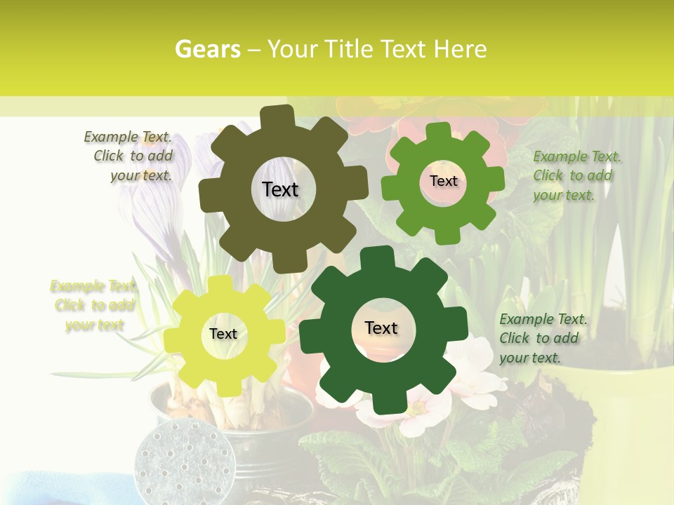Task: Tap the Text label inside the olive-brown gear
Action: (280, 189)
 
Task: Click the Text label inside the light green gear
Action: (443, 181)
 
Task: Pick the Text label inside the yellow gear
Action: (223, 334)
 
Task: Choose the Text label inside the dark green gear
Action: (381, 328)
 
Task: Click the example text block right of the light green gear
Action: (576, 176)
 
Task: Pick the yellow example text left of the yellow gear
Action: (93, 305)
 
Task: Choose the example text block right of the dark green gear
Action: (543, 338)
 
